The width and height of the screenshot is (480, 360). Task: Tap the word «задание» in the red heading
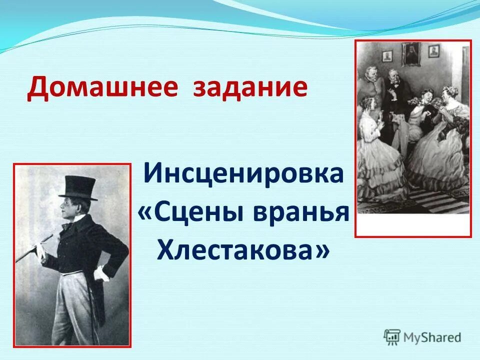coord(250,87)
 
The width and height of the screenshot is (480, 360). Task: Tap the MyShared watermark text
coord(432,337)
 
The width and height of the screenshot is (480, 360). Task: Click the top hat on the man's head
coord(78,188)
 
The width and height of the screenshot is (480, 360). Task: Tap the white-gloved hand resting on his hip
coord(102,274)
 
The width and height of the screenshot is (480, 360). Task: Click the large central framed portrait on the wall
coord(411,54)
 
